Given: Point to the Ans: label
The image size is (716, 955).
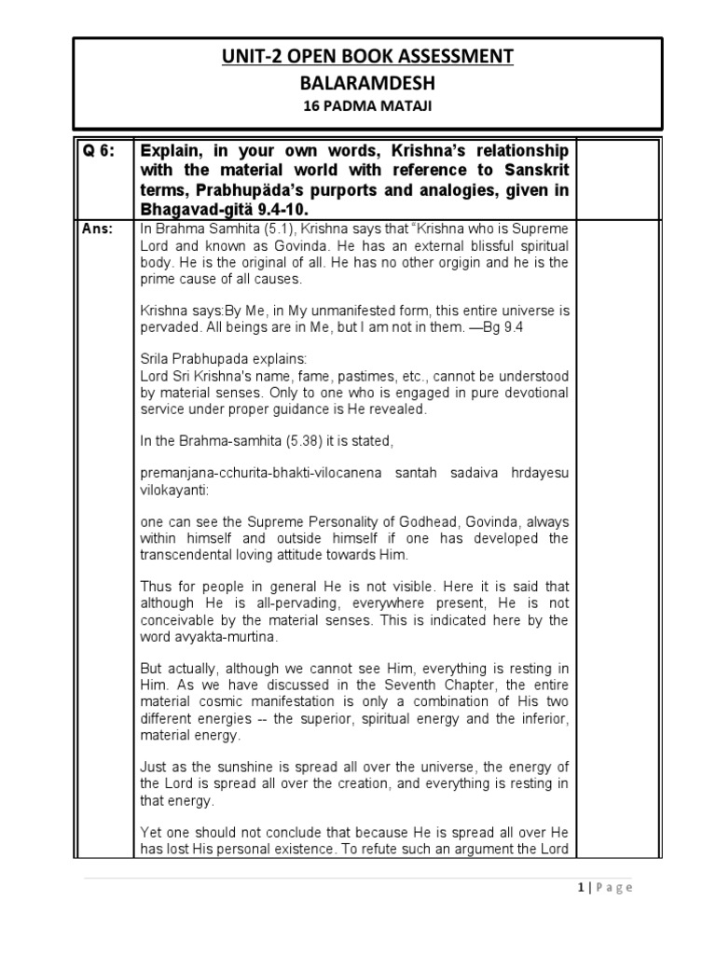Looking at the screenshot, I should click(x=93, y=227).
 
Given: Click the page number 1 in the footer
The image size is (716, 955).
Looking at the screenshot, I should click(x=580, y=887).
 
